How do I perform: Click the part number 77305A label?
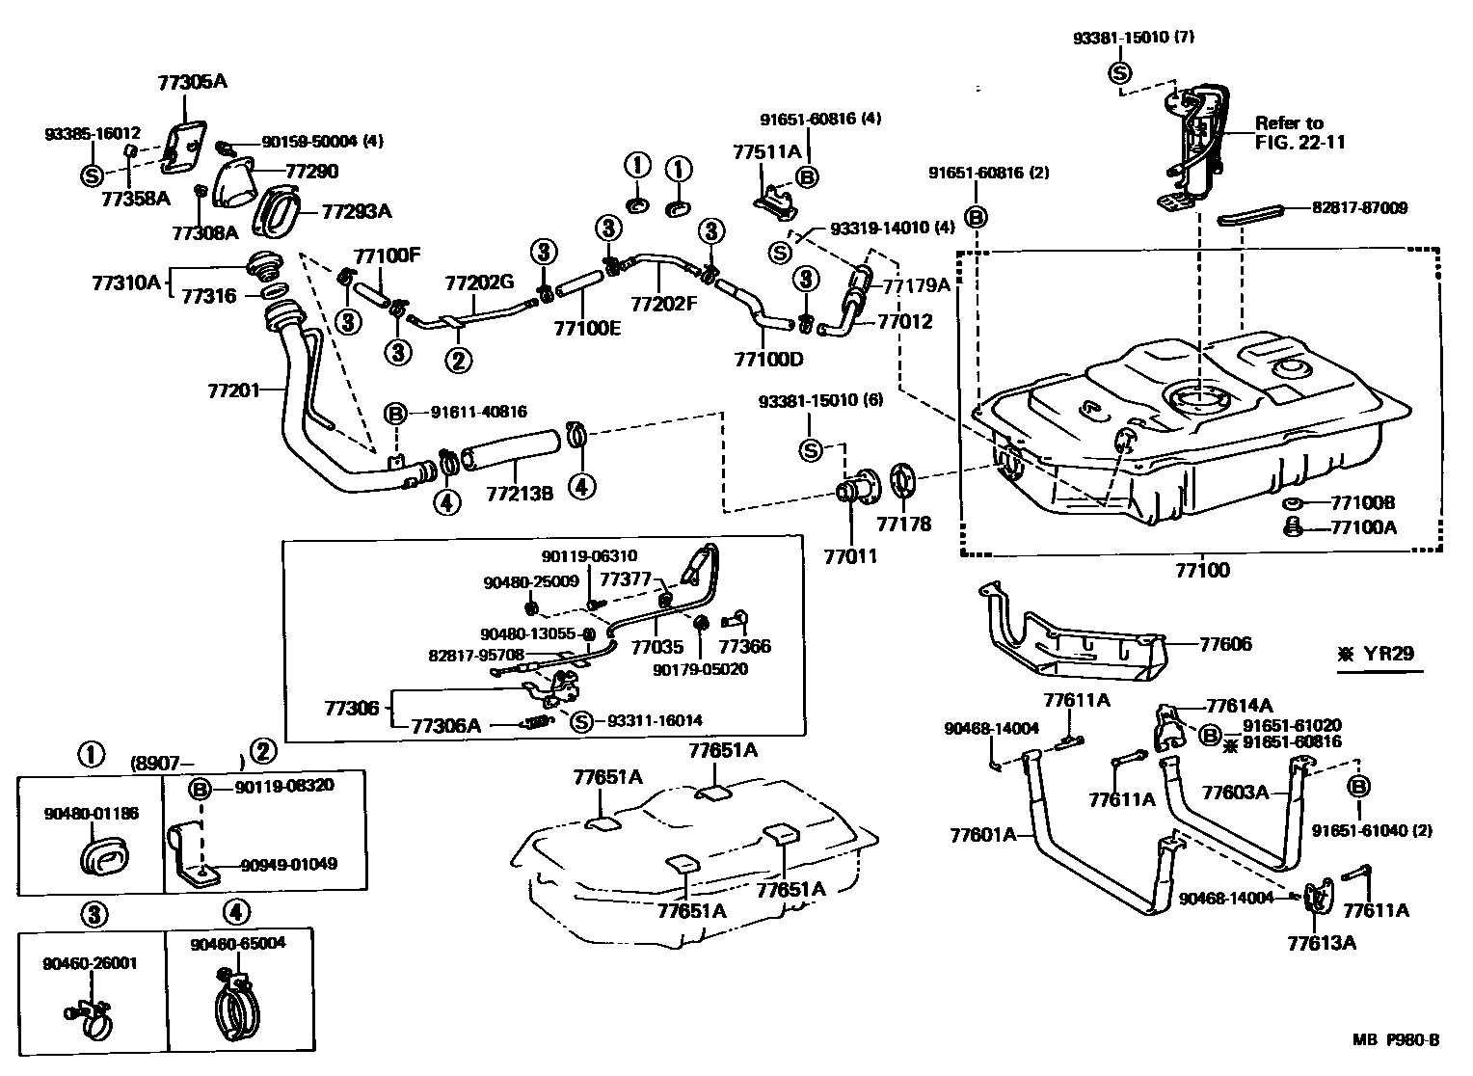pos(193,82)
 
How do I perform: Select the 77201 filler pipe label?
pos(234,390)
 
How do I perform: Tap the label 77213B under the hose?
pos(520,494)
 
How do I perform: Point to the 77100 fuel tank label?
pos(1202,570)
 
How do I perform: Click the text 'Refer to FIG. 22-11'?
pos(1299,133)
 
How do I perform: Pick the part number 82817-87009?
pos(1358,207)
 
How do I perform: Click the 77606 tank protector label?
pos(1226,644)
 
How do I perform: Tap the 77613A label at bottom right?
pos(1321,942)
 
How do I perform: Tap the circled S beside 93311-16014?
pos(581,721)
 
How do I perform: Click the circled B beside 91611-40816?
pos(395,413)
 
